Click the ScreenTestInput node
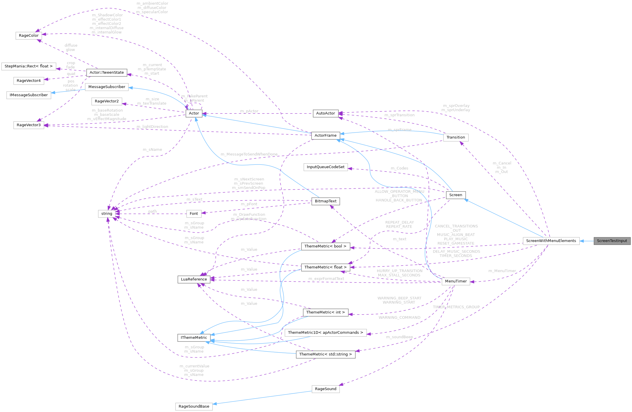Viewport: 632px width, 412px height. (x=612, y=241)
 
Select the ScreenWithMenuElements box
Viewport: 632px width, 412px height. (x=551, y=241)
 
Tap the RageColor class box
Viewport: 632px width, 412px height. (x=29, y=36)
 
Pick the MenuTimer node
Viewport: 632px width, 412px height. (x=456, y=281)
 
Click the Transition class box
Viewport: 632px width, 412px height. (x=455, y=137)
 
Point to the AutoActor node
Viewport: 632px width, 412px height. (x=325, y=113)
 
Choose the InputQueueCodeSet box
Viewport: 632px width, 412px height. (x=325, y=167)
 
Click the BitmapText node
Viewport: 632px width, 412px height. (x=325, y=201)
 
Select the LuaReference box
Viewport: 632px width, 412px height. (x=194, y=279)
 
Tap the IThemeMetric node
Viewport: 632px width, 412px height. (x=194, y=338)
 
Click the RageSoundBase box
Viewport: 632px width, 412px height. (x=194, y=406)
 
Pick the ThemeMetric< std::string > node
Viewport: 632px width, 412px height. (x=325, y=354)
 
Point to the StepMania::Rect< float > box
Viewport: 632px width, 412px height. (x=29, y=66)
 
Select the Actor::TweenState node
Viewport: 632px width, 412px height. (x=107, y=73)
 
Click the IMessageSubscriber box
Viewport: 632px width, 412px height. (x=29, y=95)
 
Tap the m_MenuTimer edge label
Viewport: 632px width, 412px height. (x=502, y=271)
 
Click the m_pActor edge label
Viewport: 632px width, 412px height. (x=249, y=111)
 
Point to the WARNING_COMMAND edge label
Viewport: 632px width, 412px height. (x=399, y=318)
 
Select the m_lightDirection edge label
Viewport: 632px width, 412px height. (x=152, y=127)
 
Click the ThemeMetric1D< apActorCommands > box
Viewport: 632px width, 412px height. (x=325, y=333)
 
